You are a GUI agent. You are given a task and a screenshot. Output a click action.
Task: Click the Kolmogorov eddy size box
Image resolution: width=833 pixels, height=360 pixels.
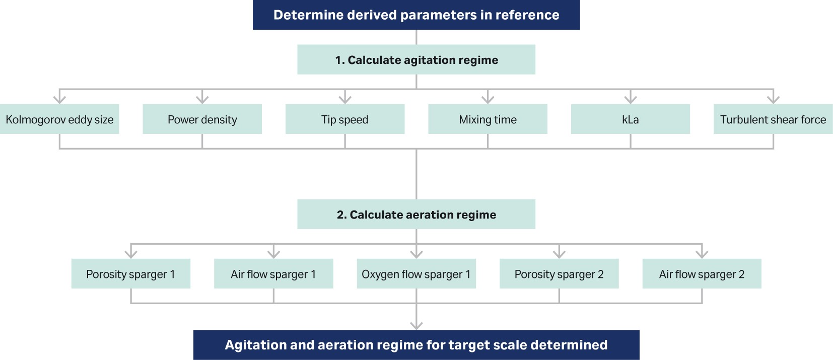click(x=59, y=119)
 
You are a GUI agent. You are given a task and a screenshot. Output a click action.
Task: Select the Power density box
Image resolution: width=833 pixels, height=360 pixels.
click(x=202, y=119)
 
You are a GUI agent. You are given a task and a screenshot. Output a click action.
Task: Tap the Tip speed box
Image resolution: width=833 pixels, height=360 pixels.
click(x=344, y=119)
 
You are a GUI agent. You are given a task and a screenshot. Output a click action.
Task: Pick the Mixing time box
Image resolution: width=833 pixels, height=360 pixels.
click(x=488, y=119)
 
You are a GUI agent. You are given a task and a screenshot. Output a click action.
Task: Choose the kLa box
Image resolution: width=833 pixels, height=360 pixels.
click(x=630, y=119)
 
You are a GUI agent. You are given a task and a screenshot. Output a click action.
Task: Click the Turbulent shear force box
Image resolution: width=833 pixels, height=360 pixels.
click(x=773, y=119)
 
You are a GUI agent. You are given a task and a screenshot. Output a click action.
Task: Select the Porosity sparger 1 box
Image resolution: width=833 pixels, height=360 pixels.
click(x=130, y=274)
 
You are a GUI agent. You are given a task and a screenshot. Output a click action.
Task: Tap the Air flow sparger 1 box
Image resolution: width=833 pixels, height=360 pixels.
click(x=273, y=274)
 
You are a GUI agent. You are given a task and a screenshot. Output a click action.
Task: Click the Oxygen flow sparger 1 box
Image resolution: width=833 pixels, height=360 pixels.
click(x=416, y=274)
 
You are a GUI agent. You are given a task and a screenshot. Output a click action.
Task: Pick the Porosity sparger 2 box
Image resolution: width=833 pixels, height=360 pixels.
click(x=559, y=274)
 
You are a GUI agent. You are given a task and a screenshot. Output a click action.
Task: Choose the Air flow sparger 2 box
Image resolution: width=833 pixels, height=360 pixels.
click(x=702, y=274)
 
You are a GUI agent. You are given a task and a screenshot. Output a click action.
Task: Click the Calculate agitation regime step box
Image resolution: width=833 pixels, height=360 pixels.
click(x=416, y=60)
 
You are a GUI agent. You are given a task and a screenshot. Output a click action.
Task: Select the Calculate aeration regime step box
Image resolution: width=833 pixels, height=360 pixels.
click(x=416, y=214)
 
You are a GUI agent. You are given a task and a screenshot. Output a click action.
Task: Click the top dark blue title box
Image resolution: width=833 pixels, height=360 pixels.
click(x=416, y=15)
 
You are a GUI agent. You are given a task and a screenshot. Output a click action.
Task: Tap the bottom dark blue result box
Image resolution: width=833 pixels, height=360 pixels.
click(x=416, y=345)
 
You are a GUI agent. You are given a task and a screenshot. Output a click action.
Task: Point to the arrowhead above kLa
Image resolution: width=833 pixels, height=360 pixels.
click(x=630, y=99)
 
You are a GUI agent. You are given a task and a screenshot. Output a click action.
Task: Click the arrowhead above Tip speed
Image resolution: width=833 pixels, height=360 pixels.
click(x=344, y=99)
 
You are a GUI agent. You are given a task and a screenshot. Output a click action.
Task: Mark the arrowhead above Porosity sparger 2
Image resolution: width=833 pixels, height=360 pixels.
click(x=559, y=254)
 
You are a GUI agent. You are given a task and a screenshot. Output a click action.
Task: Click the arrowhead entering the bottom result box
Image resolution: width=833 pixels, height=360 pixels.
click(x=416, y=325)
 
